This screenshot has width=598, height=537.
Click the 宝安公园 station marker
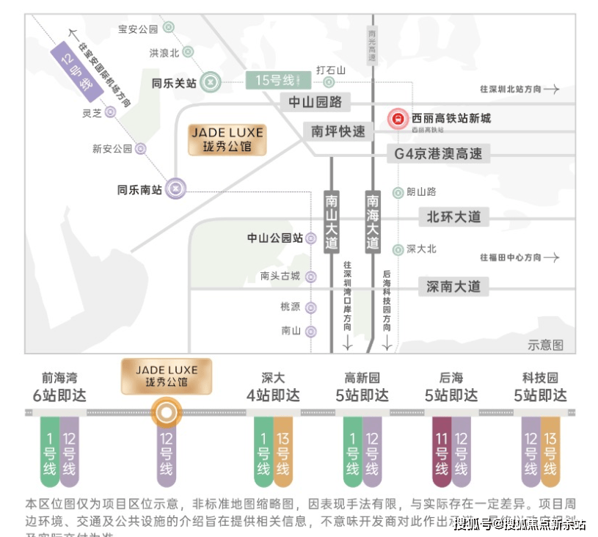pos(168,28)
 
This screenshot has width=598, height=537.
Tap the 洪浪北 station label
pos(164,53)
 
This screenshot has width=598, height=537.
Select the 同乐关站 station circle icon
pos(211,82)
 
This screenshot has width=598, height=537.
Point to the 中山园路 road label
pos(316,101)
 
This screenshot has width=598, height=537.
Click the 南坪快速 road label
pos(338,131)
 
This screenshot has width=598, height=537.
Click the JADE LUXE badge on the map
pos(227,139)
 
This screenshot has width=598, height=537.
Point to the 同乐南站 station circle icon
pos(175,189)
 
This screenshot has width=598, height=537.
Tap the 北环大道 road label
pos(453,216)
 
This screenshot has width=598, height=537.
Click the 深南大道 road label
pos(453,286)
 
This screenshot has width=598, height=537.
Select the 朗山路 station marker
pos(398,192)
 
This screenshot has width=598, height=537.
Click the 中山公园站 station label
pos(275,238)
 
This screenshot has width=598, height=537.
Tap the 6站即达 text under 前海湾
pos(59,395)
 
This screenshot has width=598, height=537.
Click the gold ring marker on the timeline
pos(167,413)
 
